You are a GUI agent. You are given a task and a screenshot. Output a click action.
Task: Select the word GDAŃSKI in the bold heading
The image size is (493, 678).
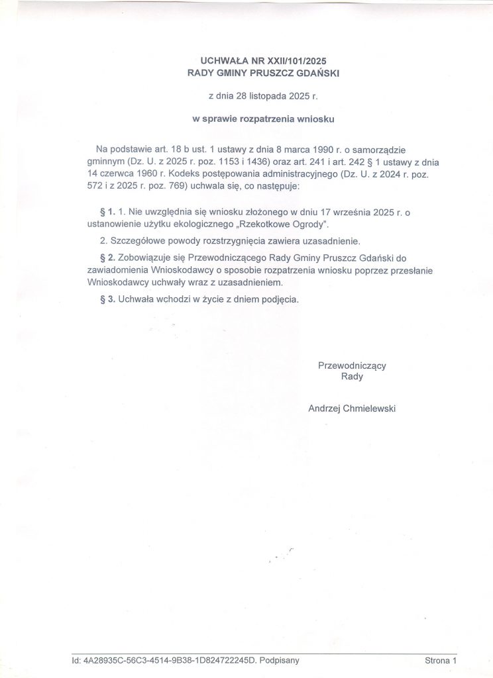315,72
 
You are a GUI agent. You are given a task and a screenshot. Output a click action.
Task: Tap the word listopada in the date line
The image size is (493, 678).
264,96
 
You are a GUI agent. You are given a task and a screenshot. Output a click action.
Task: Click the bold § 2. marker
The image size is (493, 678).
107,256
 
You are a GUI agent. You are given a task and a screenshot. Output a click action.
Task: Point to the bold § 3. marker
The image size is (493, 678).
107,299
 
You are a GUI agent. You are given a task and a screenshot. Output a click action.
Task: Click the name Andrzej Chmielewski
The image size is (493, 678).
352,409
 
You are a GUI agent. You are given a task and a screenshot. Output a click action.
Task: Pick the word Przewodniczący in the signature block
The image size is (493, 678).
352,365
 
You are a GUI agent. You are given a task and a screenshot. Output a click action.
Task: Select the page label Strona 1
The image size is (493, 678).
441,660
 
